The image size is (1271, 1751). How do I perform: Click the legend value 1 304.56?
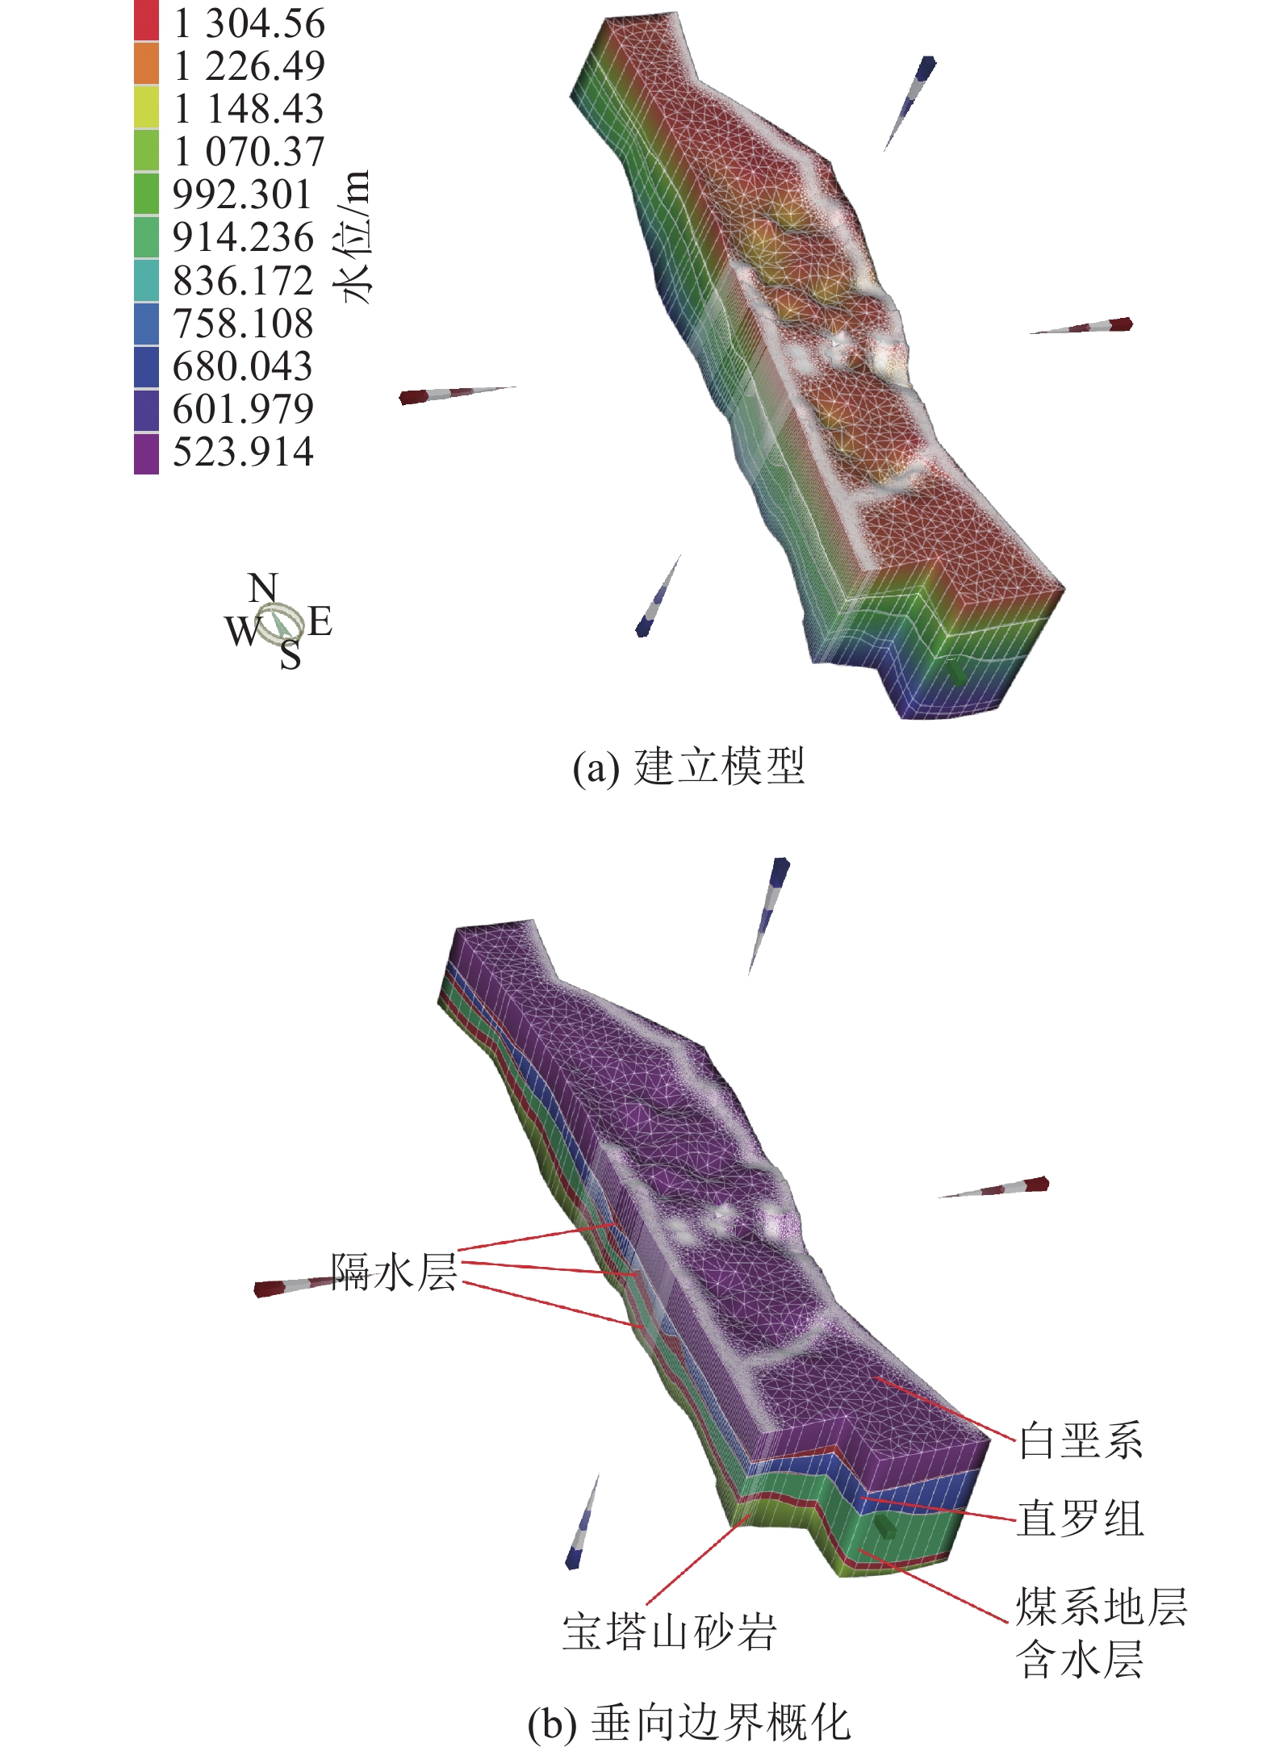click(249, 23)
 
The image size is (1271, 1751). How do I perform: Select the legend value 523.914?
click(243, 451)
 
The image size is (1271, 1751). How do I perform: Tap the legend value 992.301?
click(242, 194)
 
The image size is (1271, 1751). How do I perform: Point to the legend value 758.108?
click(243, 323)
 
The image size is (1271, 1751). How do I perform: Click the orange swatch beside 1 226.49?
click(146, 65)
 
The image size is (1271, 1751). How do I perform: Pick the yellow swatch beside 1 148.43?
click(146, 107)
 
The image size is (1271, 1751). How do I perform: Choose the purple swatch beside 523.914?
click(146, 453)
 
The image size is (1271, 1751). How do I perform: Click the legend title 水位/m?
click(353, 236)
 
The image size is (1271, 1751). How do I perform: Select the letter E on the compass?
click(320, 621)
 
